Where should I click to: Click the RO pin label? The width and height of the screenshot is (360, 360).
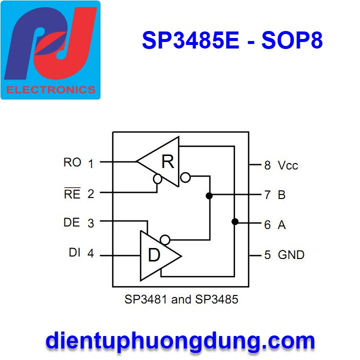pyautogui.click(x=72, y=162)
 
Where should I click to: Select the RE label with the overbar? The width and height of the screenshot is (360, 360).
pyautogui.click(x=72, y=194)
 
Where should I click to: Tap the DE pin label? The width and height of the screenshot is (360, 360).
pyautogui.click(x=72, y=222)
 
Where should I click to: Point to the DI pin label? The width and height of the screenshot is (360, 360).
pyautogui.click(x=74, y=253)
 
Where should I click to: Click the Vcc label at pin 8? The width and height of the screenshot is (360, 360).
pyautogui.click(x=288, y=165)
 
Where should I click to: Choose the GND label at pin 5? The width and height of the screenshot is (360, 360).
pyautogui.click(x=291, y=255)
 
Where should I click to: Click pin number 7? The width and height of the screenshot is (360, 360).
pyautogui.click(x=267, y=195)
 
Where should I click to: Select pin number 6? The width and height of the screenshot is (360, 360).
pyautogui.click(x=267, y=225)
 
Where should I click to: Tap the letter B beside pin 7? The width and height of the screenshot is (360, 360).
pyautogui.click(x=281, y=195)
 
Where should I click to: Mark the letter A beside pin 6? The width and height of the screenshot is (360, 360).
pyautogui.click(x=281, y=225)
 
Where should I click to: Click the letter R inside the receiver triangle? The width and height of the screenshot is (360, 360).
pyautogui.click(x=167, y=162)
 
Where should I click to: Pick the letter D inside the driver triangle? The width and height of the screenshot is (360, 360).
pyautogui.click(x=154, y=255)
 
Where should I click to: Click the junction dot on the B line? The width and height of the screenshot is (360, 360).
pyautogui.click(x=209, y=195)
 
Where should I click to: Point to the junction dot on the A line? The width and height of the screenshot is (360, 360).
pyautogui.click(x=234, y=221)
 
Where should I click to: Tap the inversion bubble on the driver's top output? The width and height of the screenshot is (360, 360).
pyautogui.click(x=165, y=239)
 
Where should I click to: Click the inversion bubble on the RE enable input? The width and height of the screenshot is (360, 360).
pyautogui.click(x=157, y=178)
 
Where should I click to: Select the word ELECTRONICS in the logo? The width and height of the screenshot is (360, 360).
pyautogui.click(x=50, y=90)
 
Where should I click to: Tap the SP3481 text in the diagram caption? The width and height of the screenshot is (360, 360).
pyautogui.click(x=146, y=300)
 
